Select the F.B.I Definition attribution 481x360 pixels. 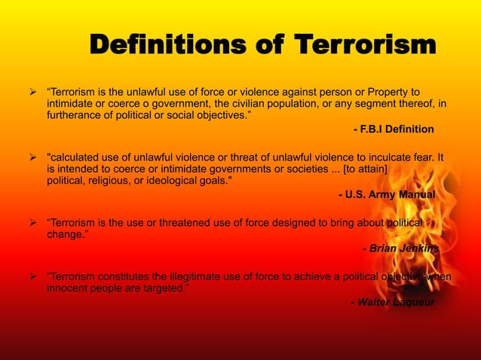[394, 130]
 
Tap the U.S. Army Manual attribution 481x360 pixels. [388, 194]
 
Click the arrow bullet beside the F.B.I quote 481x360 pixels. [32, 92]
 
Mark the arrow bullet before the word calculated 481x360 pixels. [32, 157]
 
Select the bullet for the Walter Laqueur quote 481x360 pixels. [32, 276]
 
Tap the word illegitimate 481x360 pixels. [198, 276]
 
